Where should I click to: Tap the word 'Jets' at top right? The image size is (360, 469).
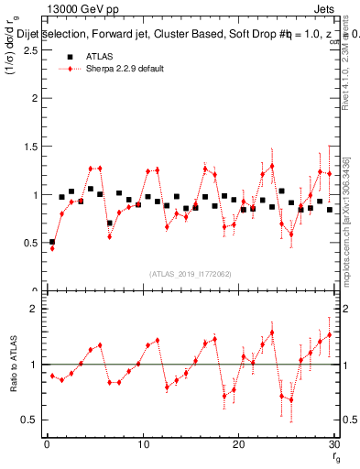(x=325, y=8)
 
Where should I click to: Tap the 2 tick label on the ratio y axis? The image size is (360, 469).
(x=35, y=309)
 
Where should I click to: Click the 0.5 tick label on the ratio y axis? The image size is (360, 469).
(x=29, y=420)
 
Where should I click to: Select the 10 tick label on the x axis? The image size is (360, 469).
(x=143, y=444)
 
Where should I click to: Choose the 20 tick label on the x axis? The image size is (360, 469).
(x=239, y=444)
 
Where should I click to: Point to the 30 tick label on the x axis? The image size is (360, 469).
(x=334, y=444)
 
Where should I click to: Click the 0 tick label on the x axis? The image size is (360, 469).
(x=47, y=444)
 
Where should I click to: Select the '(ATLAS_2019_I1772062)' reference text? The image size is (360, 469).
(x=190, y=273)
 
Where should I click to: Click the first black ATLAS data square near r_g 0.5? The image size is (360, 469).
(x=52, y=242)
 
